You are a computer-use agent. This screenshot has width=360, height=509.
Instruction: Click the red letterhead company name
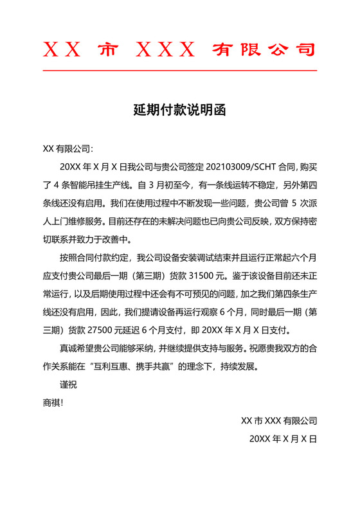(179, 49)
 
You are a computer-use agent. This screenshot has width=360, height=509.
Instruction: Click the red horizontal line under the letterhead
(179, 69)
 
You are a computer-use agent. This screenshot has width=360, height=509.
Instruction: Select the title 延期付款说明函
(179, 110)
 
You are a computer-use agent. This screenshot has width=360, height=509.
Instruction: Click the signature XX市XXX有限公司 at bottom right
(278, 422)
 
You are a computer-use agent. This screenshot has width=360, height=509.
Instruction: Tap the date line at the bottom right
(283, 440)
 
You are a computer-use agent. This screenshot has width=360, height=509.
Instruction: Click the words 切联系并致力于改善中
(86, 240)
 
